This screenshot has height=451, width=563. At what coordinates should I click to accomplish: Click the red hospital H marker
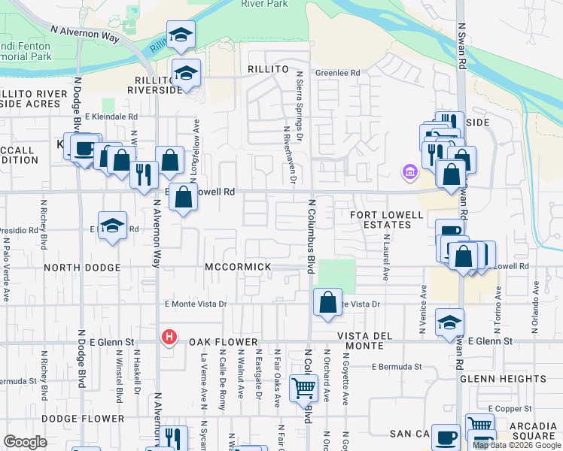[170, 337]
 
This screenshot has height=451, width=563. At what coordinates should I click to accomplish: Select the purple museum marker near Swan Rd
[409, 174]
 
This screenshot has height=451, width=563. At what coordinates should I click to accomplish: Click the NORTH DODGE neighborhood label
[82, 267]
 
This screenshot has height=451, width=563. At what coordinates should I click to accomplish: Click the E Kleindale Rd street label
[111, 117]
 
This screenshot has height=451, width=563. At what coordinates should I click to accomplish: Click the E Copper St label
[510, 408]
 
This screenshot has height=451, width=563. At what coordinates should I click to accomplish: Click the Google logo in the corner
[25, 442]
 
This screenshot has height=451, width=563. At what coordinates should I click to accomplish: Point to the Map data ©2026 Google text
[516, 445]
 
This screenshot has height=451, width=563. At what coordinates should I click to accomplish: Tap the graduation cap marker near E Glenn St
[449, 322]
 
